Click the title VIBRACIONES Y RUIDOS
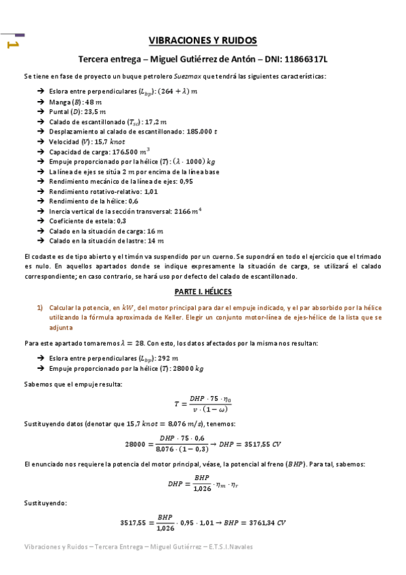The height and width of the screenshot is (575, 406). (x=203, y=41)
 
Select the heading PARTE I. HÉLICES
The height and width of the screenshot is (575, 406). (x=203, y=291)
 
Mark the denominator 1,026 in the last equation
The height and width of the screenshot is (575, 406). (x=165, y=528)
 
